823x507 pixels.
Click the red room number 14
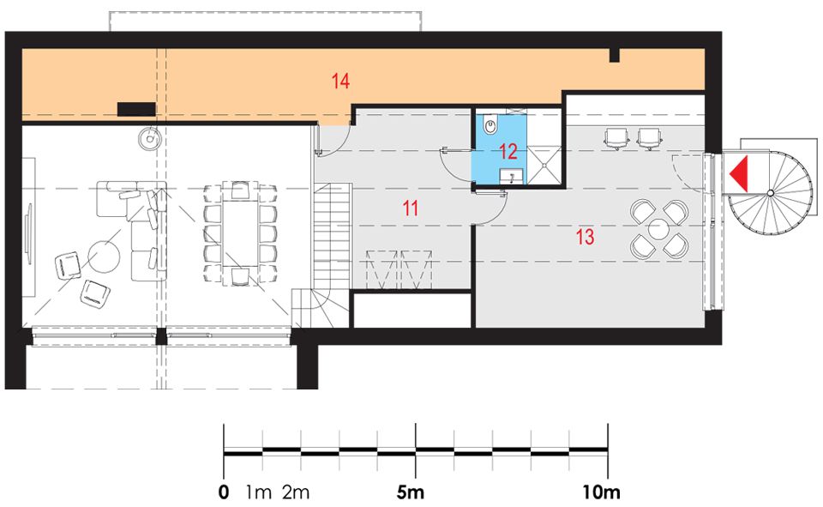click(x=340, y=81)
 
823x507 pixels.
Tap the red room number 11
click(x=411, y=208)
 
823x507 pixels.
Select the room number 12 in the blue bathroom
click(x=508, y=151)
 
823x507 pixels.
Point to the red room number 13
click(x=586, y=237)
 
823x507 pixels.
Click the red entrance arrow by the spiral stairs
click(x=738, y=174)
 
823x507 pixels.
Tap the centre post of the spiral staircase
click(x=770, y=193)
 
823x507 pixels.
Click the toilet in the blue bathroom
click(x=490, y=125)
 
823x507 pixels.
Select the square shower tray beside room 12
click(x=544, y=165)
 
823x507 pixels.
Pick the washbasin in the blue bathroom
click(x=511, y=177)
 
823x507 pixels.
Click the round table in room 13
click(x=658, y=230)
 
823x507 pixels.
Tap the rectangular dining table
click(x=240, y=232)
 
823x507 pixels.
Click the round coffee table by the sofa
click(x=104, y=257)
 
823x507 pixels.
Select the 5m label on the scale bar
click(x=410, y=492)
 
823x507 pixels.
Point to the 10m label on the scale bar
click(x=601, y=492)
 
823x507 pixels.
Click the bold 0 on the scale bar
click(x=224, y=492)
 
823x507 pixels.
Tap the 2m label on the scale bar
click(x=296, y=492)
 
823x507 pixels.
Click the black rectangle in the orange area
click(x=136, y=109)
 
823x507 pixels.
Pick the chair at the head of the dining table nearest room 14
click(x=240, y=189)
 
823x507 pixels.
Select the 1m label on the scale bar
click(x=258, y=492)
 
